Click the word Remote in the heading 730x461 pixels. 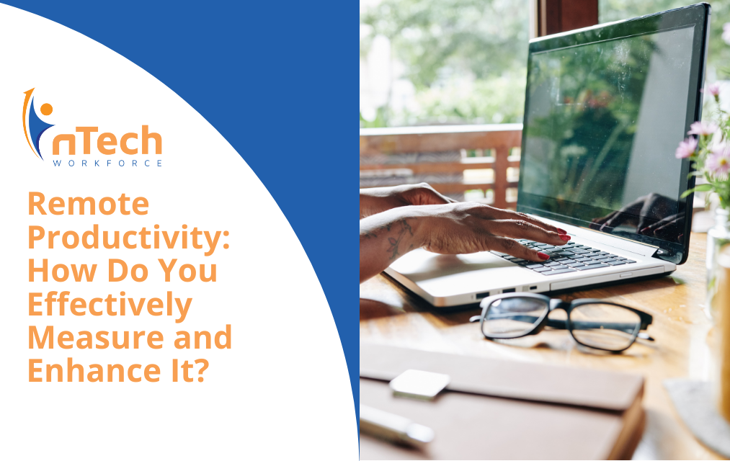tap(89, 204)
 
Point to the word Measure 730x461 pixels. tap(96, 337)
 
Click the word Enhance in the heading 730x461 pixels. tap(95, 370)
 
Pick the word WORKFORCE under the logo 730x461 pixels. tap(107, 164)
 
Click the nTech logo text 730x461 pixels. tap(107, 140)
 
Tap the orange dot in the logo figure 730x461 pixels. tap(46, 109)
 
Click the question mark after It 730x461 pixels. tap(200, 371)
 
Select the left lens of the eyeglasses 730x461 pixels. tap(515, 317)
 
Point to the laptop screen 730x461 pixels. tap(609, 130)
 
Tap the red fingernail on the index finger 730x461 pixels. tap(565, 238)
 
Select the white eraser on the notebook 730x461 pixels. tap(419, 384)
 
